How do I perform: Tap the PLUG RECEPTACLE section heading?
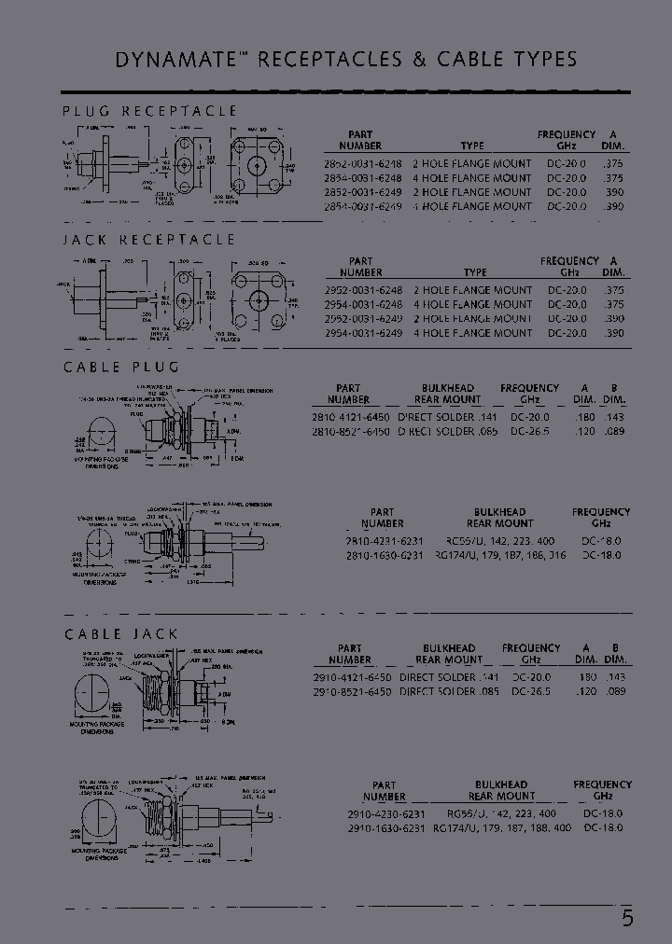click(x=149, y=111)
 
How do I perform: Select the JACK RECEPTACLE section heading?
click(x=149, y=240)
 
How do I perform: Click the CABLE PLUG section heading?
click(x=121, y=367)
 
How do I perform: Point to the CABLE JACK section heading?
click(x=120, y=634)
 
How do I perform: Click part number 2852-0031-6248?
click(x=363, y=163)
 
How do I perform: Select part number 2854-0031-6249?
click(x=363, y=206)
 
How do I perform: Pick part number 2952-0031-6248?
click(x=363, y=290)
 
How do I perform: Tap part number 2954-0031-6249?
click(x=363, y=333)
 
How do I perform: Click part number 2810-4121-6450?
click(x=348, y=417)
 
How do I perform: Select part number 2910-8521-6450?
click(x=350, y=691)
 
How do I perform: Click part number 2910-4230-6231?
click(x=385, y=813)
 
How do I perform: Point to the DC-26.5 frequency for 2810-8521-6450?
click(x=529, y=431)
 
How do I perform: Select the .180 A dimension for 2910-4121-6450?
click(x=586, y=677)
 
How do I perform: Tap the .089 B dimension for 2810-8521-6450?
click(x=612, y=431)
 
